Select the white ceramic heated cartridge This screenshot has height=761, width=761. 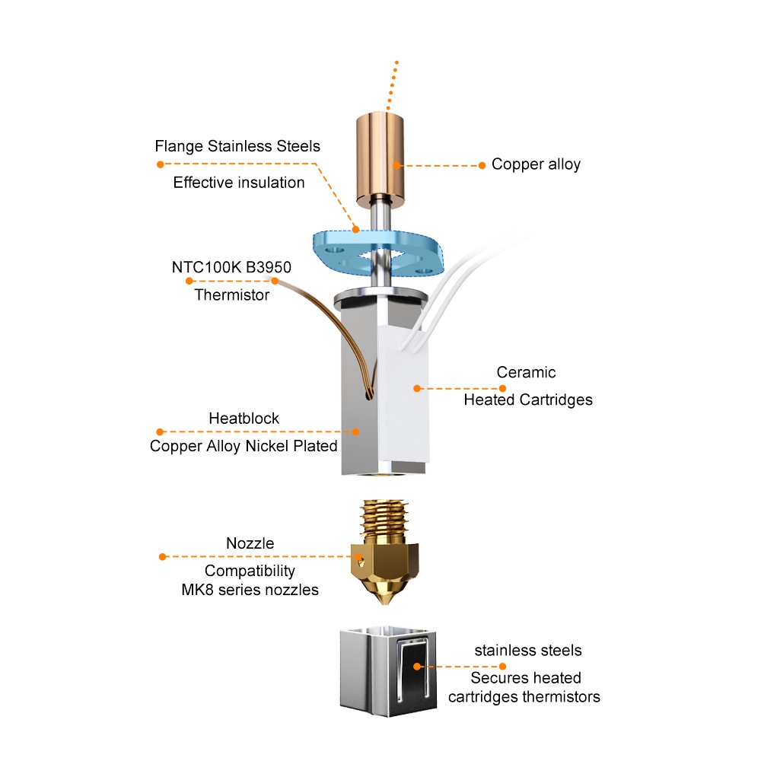click(x=403, y=396)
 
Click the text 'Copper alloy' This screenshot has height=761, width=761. click(x=536, y=164)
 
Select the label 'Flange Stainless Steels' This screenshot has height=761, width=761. click(x=237, y=145)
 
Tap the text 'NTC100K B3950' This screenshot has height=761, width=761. click(x=232, y=267)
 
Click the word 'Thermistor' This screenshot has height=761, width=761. click(x=232, y=295)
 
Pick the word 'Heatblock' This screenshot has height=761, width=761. click(x=244, y=419)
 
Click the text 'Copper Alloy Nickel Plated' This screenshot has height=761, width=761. click(x=244, y=446)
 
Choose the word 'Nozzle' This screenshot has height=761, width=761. click(x=250, y=543)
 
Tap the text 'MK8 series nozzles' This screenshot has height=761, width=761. click(x=250, y=590)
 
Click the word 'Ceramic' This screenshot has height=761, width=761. click(x=526, y=372)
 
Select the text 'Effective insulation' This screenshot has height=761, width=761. click(x=239, y=183)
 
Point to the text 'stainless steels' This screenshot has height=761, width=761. click(x=528, y=650)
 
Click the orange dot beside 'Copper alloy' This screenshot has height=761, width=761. click(x=482, y=165)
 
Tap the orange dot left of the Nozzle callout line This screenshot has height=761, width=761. click(x=161, y=556)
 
